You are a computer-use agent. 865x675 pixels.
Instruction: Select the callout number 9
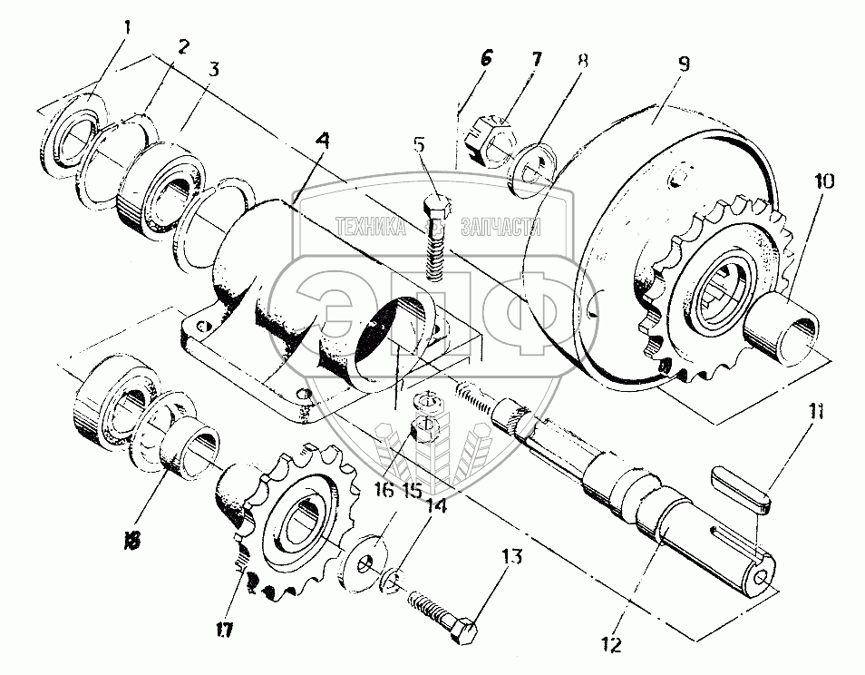(683, 64)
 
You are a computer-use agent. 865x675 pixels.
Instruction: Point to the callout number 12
(612, 645)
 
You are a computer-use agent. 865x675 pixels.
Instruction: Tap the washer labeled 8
(533, 169)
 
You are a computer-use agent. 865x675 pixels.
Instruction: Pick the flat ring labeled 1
(71, 133)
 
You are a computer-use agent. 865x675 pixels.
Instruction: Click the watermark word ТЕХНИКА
(371, 226)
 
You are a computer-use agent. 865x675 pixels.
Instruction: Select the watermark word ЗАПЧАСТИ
(501, 226)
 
